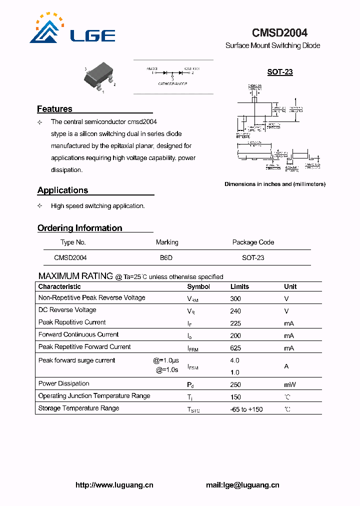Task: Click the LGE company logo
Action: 72,30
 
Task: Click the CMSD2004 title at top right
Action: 279,33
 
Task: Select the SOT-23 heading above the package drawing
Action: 279,72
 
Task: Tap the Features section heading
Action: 54,109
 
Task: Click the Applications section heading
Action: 62,190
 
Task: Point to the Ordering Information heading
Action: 79,228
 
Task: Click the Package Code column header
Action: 253,242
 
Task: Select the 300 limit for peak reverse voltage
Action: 235,298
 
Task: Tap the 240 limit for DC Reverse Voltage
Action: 235,310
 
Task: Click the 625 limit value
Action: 235,348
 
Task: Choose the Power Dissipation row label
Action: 63,384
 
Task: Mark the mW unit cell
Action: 289,385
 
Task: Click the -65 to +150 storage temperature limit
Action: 246,409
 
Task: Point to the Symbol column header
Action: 198,287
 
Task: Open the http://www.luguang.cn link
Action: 114,485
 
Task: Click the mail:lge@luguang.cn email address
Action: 242,485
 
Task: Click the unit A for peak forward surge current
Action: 286,366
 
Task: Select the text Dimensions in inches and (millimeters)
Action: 274,184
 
